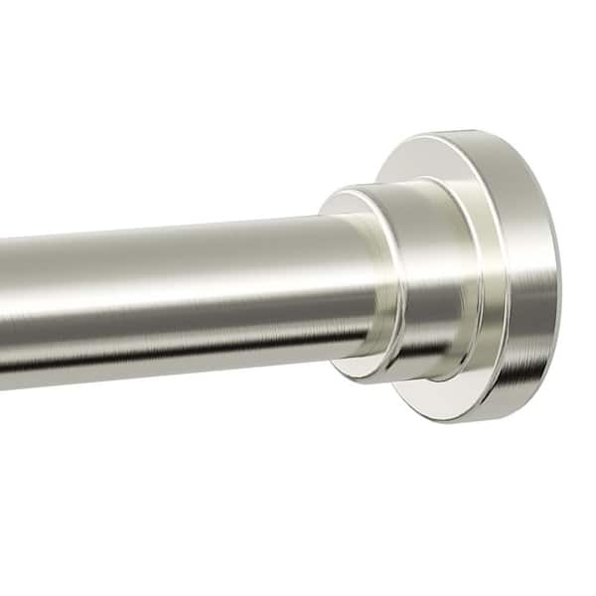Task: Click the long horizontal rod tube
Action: [179, 298]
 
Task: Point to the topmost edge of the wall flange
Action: [467, 132]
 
